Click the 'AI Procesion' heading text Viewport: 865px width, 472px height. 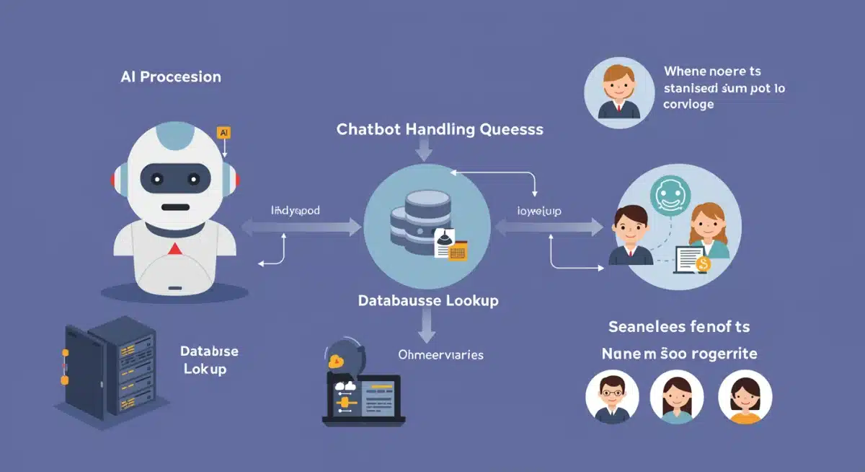(x=171, y=77)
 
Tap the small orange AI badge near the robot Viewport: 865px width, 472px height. (x=223, y=133)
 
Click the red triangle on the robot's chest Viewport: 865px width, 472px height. (x=174, y=249)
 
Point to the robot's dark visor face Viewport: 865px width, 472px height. (x=174, y=178)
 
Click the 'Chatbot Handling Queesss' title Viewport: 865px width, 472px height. (x=440, y=130)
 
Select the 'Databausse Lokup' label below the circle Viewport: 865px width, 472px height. (x=428, y=300)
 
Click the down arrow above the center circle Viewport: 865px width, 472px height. (x=424, y=149)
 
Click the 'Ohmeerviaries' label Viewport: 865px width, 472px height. (x=440, y=355)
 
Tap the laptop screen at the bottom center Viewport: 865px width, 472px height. (x=364, y=396)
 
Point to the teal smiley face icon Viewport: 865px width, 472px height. (x=670, y=194)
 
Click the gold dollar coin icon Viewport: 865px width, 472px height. (x=704, y=265)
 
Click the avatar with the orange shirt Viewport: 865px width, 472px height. (x=745, y=398)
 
